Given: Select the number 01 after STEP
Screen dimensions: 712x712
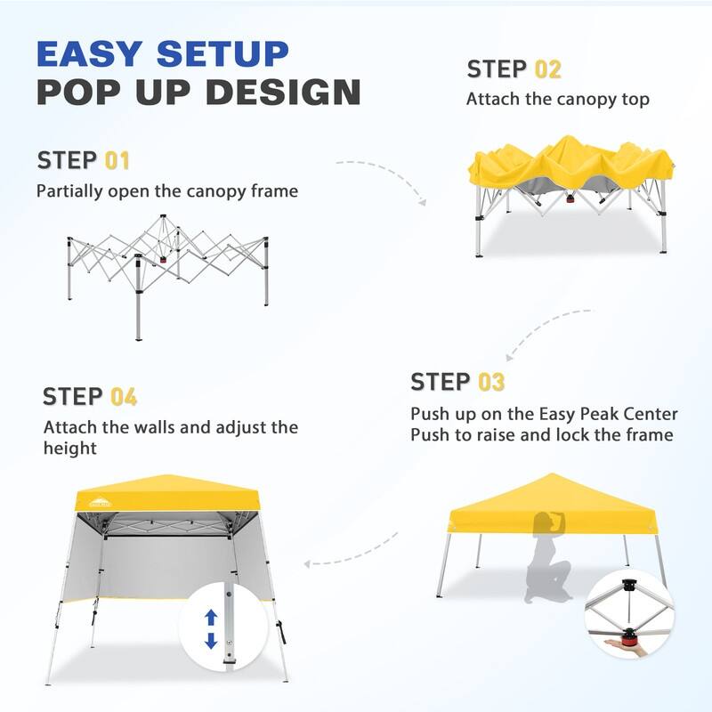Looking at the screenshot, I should pos(117,161).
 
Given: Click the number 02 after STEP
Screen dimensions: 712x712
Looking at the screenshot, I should pos(548,69).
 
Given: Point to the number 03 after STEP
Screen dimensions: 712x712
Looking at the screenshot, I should pos(491,383).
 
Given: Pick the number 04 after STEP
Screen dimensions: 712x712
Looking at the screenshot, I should pos(124,397).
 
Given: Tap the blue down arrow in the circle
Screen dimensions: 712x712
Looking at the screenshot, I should pos(211,640).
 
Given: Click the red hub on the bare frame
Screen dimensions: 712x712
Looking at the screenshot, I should pos(164,262).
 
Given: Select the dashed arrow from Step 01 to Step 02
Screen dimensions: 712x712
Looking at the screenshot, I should pos(383,178).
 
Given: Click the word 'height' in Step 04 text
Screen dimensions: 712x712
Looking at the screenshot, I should pos(70,449).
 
